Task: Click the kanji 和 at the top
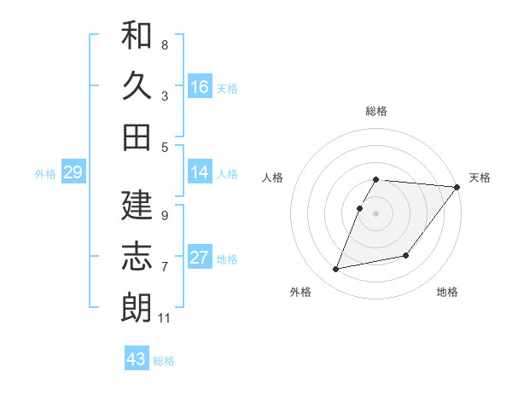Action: [x=137, y=36]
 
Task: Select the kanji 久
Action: [x=137, y=86]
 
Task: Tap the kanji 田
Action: [x=137, y=137]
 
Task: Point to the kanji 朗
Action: [x=137, y=307]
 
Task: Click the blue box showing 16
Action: [x=200, y=87]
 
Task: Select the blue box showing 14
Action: [x=200, y=173]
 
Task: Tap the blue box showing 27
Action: [x=200, y=259]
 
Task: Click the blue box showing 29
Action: [x=73, y=173]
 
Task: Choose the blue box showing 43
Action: [x=137, y=359]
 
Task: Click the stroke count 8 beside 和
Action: [x=165, y=44]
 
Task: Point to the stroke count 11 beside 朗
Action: [x=165, y=318]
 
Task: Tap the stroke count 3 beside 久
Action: [x=165, y=96]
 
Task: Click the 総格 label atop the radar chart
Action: [x=376, y=111]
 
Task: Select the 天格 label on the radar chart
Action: [x=480, y=177]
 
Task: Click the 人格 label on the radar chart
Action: [x=273, y=177]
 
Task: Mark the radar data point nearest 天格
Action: [x=457, y=187]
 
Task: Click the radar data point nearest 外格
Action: [x=336, y=270]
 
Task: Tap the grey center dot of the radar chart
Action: [x=376, y=214]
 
